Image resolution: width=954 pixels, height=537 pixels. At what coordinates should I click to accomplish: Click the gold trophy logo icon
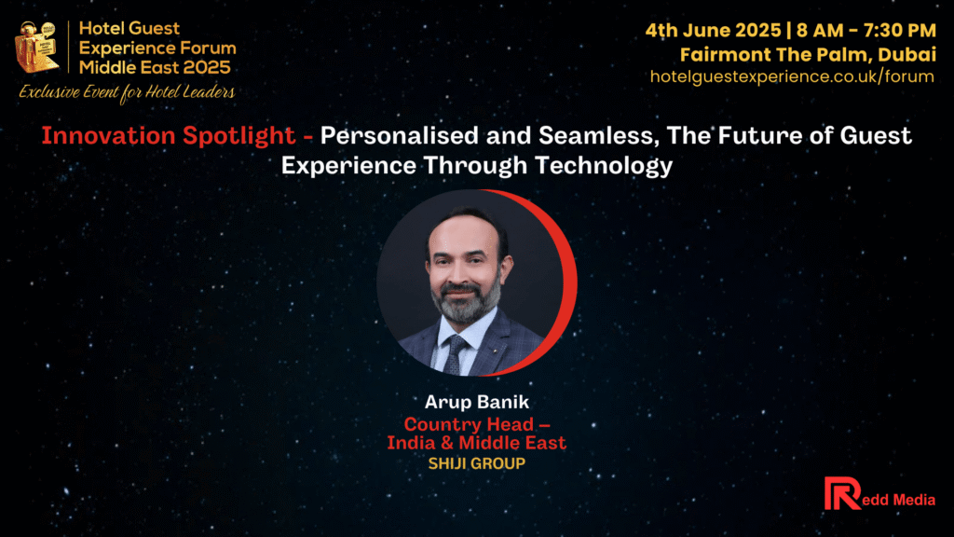(37, 47)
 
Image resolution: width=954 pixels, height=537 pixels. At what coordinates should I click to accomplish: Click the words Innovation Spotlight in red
(169, 135)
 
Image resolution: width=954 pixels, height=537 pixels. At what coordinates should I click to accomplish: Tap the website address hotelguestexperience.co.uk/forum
(792, 76)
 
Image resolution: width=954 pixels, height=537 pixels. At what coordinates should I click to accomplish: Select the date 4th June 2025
(713, 30)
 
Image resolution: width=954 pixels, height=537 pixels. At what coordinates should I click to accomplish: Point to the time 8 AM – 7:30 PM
(865, 30)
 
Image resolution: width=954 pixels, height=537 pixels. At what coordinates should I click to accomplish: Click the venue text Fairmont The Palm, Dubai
(808, 55)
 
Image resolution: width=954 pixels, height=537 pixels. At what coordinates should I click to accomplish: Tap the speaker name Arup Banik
(477, 402)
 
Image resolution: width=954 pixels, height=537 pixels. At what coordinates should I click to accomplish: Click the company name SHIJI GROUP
(477, 463)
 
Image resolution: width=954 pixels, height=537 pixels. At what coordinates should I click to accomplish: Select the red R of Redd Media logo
(842, 493)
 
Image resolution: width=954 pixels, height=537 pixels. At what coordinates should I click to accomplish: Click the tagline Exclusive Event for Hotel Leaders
(127, 92)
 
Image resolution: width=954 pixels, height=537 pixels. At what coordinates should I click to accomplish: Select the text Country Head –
(477, 424)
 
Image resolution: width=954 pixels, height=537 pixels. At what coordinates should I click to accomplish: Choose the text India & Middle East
(477, 443)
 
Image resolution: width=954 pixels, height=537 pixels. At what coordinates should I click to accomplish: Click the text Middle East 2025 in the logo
(156, 67)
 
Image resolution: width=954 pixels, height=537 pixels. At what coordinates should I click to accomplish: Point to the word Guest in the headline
(876, 135)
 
